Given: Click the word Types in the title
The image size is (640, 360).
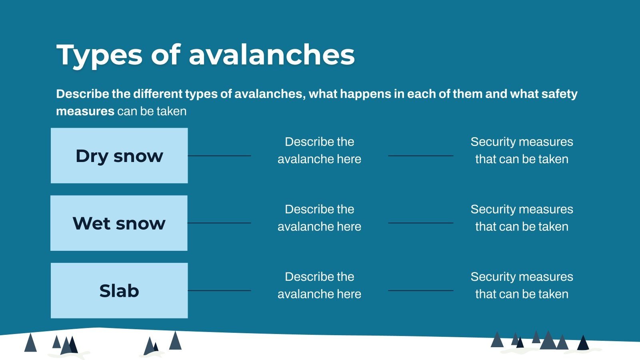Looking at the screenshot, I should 99,55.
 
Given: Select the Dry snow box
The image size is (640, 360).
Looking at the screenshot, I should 119,156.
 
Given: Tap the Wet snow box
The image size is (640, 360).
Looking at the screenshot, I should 119,223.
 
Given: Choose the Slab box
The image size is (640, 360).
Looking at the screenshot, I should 119,291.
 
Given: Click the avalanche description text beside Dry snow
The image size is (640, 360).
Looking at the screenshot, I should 319,150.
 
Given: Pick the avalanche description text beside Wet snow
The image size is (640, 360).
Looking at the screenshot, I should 319,218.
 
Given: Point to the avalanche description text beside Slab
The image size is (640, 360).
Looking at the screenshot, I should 319,285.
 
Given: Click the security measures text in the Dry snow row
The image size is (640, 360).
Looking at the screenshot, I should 522,150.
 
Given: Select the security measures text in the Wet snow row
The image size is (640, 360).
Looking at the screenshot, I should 522,218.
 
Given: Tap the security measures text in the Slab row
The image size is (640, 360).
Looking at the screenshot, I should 522,285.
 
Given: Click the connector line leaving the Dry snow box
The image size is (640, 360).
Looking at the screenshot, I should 219,156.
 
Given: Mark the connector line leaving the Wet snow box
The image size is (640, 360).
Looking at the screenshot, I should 219,223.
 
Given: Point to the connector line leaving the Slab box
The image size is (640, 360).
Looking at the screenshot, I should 219,290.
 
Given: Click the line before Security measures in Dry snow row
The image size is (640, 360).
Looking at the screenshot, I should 420,156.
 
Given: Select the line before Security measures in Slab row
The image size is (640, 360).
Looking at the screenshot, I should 420,290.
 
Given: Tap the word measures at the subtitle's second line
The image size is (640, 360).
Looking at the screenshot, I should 85,111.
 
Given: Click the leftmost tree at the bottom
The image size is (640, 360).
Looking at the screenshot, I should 30,343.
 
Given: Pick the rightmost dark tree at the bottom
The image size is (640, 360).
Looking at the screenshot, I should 583,343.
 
